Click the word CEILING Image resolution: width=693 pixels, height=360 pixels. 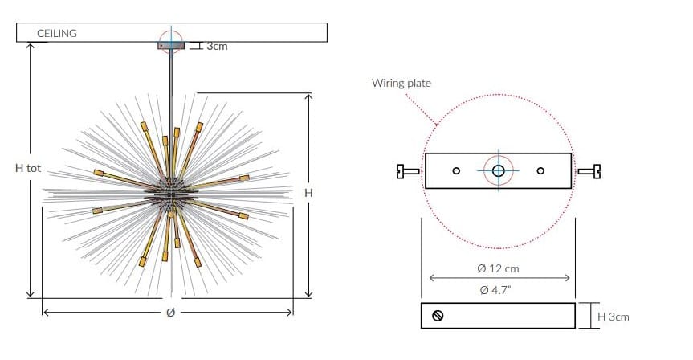[56, 33]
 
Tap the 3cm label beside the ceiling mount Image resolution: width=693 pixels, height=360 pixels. [217, 46]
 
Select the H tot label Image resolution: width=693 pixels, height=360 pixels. [28, 168]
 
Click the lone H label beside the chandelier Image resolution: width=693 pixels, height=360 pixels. [308, 193]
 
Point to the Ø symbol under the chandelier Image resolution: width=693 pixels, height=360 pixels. [170, 313]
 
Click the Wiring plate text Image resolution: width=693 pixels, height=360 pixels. [402, 83]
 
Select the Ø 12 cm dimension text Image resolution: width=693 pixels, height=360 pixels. [498, 268]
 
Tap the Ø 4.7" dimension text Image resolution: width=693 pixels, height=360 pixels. [495, 290]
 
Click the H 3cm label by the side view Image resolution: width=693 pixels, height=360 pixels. [613, 317]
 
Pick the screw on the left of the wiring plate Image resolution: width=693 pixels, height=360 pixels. [408, 171]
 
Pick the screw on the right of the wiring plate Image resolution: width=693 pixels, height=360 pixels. [589, 171]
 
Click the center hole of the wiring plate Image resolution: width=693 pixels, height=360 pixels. [498, 170]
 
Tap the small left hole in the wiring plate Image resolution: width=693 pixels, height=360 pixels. [456, 170]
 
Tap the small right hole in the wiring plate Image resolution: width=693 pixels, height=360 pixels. [540, 170]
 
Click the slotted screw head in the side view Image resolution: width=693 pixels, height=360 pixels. [438, 316]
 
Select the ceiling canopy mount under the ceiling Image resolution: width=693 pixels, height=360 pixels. [171, 46]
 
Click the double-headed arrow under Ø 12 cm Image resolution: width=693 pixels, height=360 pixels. [499, 278]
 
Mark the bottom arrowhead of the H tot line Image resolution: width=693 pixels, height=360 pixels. [30, 293]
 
